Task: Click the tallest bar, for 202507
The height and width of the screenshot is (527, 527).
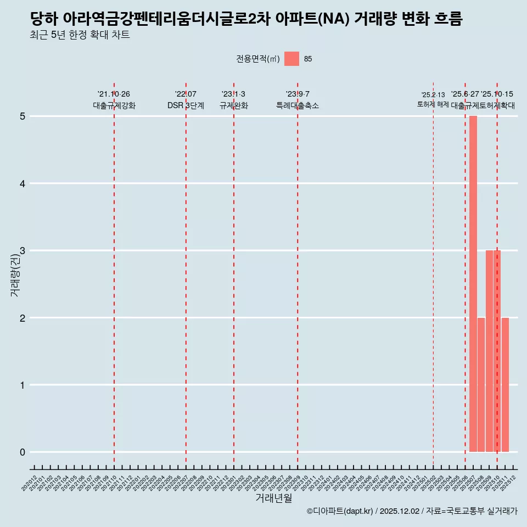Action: coord(473,284)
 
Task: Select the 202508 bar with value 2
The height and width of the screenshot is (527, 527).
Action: coord(481,385)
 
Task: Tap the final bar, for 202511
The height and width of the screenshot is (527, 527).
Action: coord(505,385)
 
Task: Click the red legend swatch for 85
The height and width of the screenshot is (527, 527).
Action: coord(291,59)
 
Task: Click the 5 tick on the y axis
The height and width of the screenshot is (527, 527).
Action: coord(23,116)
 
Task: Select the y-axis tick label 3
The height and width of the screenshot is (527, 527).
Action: coord(23,251)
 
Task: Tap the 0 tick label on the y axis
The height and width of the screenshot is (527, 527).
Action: coord(23,452)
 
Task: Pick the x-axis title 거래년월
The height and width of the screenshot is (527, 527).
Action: coord(274,498)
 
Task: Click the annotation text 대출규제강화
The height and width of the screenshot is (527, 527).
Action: coord(114,106)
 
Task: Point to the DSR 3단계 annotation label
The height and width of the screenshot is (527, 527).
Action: coord(186,106)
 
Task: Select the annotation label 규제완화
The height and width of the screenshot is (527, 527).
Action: coord(234,106)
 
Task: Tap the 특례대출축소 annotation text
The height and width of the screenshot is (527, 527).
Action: coord(298,106)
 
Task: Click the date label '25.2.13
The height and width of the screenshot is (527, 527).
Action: coord(433,95)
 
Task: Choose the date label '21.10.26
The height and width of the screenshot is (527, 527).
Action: coord(114,94)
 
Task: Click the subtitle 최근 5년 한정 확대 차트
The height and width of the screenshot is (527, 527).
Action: coord(80,36)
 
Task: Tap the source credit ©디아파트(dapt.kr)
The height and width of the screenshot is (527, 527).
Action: coord(340,512)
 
